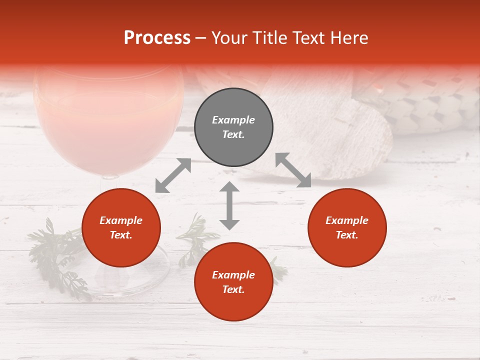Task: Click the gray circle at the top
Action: click(x=233, y=127)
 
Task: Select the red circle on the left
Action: click(x=121, y=228)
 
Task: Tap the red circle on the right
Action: click(x=347, y=228)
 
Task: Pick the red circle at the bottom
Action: click(x=233, y=282)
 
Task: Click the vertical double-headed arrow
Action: click(x=229, y=205)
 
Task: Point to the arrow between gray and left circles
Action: click(x=173, y=175)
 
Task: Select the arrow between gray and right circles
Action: click(x=293, y=170)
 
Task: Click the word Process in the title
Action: click(x=157, y=38)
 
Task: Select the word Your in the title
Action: click(x=229, y=38)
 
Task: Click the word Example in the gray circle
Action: click(x=233, y=120)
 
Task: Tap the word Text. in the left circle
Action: click(x=121, y=235)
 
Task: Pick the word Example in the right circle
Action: click(x=347, y=220)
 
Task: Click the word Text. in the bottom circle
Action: click(x=233, y=289)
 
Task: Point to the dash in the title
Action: click(x=201, y=38)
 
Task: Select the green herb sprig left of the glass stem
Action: click(x=55, y=250)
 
